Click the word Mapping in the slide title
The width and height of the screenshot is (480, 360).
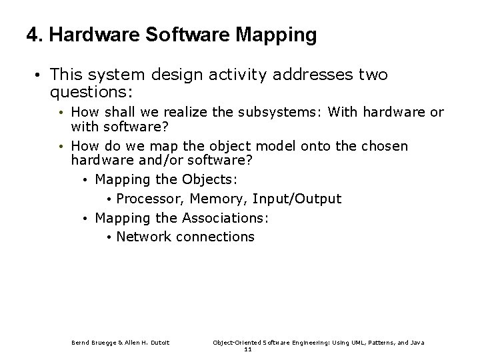point(278,36)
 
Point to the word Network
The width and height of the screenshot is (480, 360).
point(144,237)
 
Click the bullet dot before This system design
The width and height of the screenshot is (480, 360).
point(41,75)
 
